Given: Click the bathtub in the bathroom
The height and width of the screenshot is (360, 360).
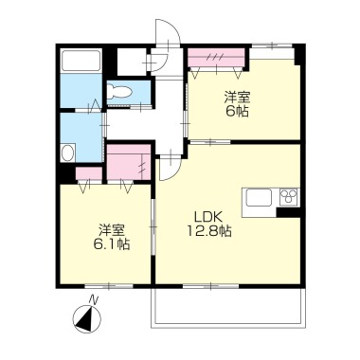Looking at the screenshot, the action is pyautogui.click(x=81, y=61).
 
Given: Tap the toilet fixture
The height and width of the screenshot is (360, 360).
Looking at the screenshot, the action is pyautogui.click(x=119, y=92).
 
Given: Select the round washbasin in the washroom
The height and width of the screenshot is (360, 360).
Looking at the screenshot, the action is pyautogui.click(x=68, y=153).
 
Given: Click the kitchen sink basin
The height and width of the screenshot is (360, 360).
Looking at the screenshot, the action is pyautogui.click(x=259, y=198).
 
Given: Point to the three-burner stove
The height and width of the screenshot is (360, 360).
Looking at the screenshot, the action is pyautogui.click(x=289, y=198).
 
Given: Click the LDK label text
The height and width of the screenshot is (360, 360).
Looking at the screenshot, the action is pyautogui.click(x=208, y=218).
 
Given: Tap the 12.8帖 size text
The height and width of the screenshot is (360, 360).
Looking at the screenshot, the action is pyautogui.click(x=209, y=232).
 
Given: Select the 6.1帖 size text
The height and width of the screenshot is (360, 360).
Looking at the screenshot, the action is pyautogui.click(x=112, y=244).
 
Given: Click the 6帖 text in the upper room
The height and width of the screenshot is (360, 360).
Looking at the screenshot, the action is pyautogui.click(x=237, y=112).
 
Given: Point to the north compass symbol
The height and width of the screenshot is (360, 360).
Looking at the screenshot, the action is pyautogui.click(x=87, y=318).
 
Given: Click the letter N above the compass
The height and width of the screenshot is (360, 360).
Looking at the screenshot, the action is pyautogui.click(x=93, y=299).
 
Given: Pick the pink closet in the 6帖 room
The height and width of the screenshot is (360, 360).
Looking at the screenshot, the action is pyautogui.click(x=217, y=58).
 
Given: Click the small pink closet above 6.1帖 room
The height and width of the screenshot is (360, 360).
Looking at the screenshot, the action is pyautogui.click(x=89, y=173).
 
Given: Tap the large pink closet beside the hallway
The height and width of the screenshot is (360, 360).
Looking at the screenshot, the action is pyautogui.click(x=129, y=162).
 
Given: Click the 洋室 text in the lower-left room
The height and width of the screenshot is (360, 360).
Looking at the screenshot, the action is pyautogui.click(x=112, y=230).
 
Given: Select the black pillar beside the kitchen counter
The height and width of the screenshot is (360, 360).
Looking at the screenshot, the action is pyautogui.click(x=288, y=212).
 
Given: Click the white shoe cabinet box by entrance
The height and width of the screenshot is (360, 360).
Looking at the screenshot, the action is pyautogui.click(x=132, y=63).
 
